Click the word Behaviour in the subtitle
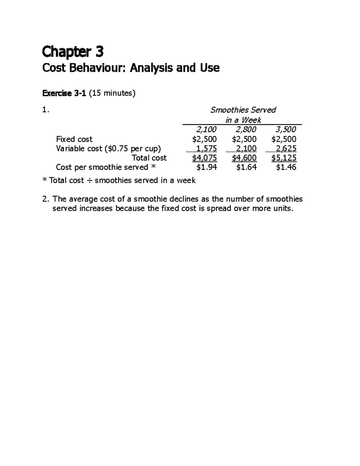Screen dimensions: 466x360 click(98, 68)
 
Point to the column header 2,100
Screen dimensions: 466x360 click(206, 129)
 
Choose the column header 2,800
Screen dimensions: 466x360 click(246, 129)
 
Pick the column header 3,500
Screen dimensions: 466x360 click(286, 129)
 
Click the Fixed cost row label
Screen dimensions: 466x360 click(74, 139)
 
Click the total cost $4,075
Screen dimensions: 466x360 click(205, 158)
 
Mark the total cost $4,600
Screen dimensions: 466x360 click(244, 158)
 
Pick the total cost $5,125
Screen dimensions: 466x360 click(284, 158)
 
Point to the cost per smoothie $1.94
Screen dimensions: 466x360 click(206, 167)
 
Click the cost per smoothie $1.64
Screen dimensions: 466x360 click(246, 167)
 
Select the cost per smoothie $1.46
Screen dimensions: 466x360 click(286, 167)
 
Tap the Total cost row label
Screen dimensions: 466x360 click(149, 158)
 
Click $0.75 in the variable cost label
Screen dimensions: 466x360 click(115, 149)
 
